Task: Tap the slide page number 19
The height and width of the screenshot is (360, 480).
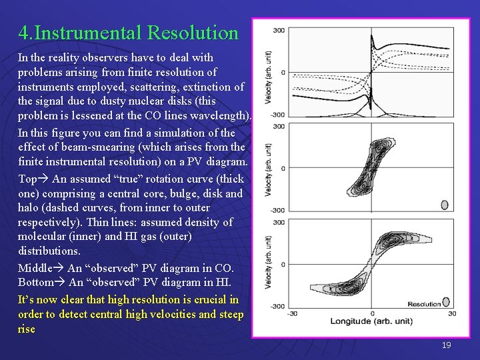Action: click(x=446, y=345)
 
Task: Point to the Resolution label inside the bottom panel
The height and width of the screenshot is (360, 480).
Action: click(x=425, y=304)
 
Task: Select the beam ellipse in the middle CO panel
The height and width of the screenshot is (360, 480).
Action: click(x=445, y=205)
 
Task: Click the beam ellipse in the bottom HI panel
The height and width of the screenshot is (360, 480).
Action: click(x=447, y=302)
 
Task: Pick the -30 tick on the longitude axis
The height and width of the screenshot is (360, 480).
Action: click(x=292, y=313)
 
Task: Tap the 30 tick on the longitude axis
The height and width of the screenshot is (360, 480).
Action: click(x=451, y=313)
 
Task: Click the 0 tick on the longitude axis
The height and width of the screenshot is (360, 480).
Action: click(x=371, y=313)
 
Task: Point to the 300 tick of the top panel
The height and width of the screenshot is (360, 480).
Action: click(x=279, y=30)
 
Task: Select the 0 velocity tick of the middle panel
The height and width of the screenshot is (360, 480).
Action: click(x=283, y=168)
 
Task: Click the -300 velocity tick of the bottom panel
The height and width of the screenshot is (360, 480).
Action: click(x=277, y=307)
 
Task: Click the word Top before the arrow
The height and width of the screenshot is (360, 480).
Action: click(x=27, y=179)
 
